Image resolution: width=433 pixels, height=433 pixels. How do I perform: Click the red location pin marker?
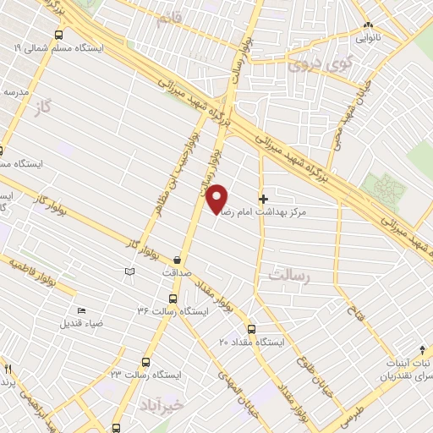pyautogui.click(x=217, y=199)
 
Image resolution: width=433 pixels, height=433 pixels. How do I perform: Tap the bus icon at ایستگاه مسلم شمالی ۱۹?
pyautogui.click(x=58, y=36)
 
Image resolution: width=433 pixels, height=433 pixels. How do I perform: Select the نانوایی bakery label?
pyautogui.click(x=367, y=38)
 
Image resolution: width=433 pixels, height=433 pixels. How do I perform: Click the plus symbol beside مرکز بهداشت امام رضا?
pyautogui.click(x=263, y=198)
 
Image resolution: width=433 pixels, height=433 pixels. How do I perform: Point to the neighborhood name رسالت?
pyautogui.click(x=291, y=275)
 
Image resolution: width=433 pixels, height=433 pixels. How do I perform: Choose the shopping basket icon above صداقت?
pyautogui.click(x=177, y=260)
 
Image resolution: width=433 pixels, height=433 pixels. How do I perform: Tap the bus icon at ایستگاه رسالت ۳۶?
pyautogui.click(x=173, y=299)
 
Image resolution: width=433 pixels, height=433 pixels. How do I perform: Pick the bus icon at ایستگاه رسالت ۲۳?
pyautogui.click(x=145, y=361)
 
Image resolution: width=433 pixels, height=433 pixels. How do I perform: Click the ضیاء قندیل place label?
pyautogui.click(x=82, y=322)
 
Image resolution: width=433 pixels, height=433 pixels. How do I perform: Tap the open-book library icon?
pyautogui.click(x=129, y=271)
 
